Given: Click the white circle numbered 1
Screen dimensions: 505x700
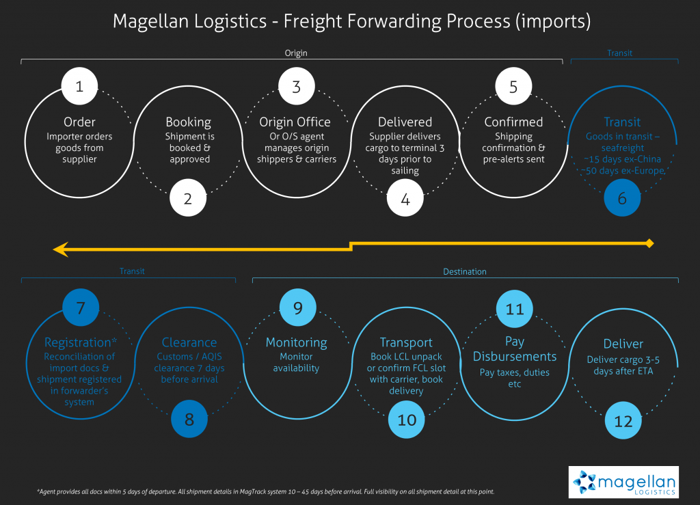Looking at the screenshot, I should tap(80, 87).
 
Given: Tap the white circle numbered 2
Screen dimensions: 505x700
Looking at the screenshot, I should tap(189, 199).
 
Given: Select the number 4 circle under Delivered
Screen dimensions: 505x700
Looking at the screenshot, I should tap(405, 199).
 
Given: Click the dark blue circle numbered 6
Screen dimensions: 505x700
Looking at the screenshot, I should tap(622, 199).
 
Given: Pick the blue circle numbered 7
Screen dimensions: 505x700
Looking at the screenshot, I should tap(80, 308).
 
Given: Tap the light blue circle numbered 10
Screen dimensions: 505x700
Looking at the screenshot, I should tap(407, 420).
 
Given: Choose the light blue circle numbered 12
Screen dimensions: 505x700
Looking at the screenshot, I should tap(623, 421).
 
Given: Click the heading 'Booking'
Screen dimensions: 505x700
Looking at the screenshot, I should tap(189, 122).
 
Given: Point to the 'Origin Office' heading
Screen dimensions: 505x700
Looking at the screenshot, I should tap(295, 122).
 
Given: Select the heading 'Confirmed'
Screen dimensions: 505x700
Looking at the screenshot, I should tap(513, 122).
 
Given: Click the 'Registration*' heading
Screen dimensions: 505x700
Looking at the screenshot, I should tap(80, 342).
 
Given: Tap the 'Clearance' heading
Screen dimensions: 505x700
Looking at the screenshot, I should tap(189, 342).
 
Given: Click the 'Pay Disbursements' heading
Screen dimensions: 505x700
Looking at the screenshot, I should tap(515, 349).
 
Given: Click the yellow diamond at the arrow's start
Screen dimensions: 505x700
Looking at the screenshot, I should tap(650, 243).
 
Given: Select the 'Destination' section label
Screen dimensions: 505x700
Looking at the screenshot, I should tap(465, 271).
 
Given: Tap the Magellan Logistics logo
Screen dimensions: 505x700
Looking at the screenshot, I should tap(623, 482).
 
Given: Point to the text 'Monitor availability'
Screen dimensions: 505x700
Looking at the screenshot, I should tap(296, 362).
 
